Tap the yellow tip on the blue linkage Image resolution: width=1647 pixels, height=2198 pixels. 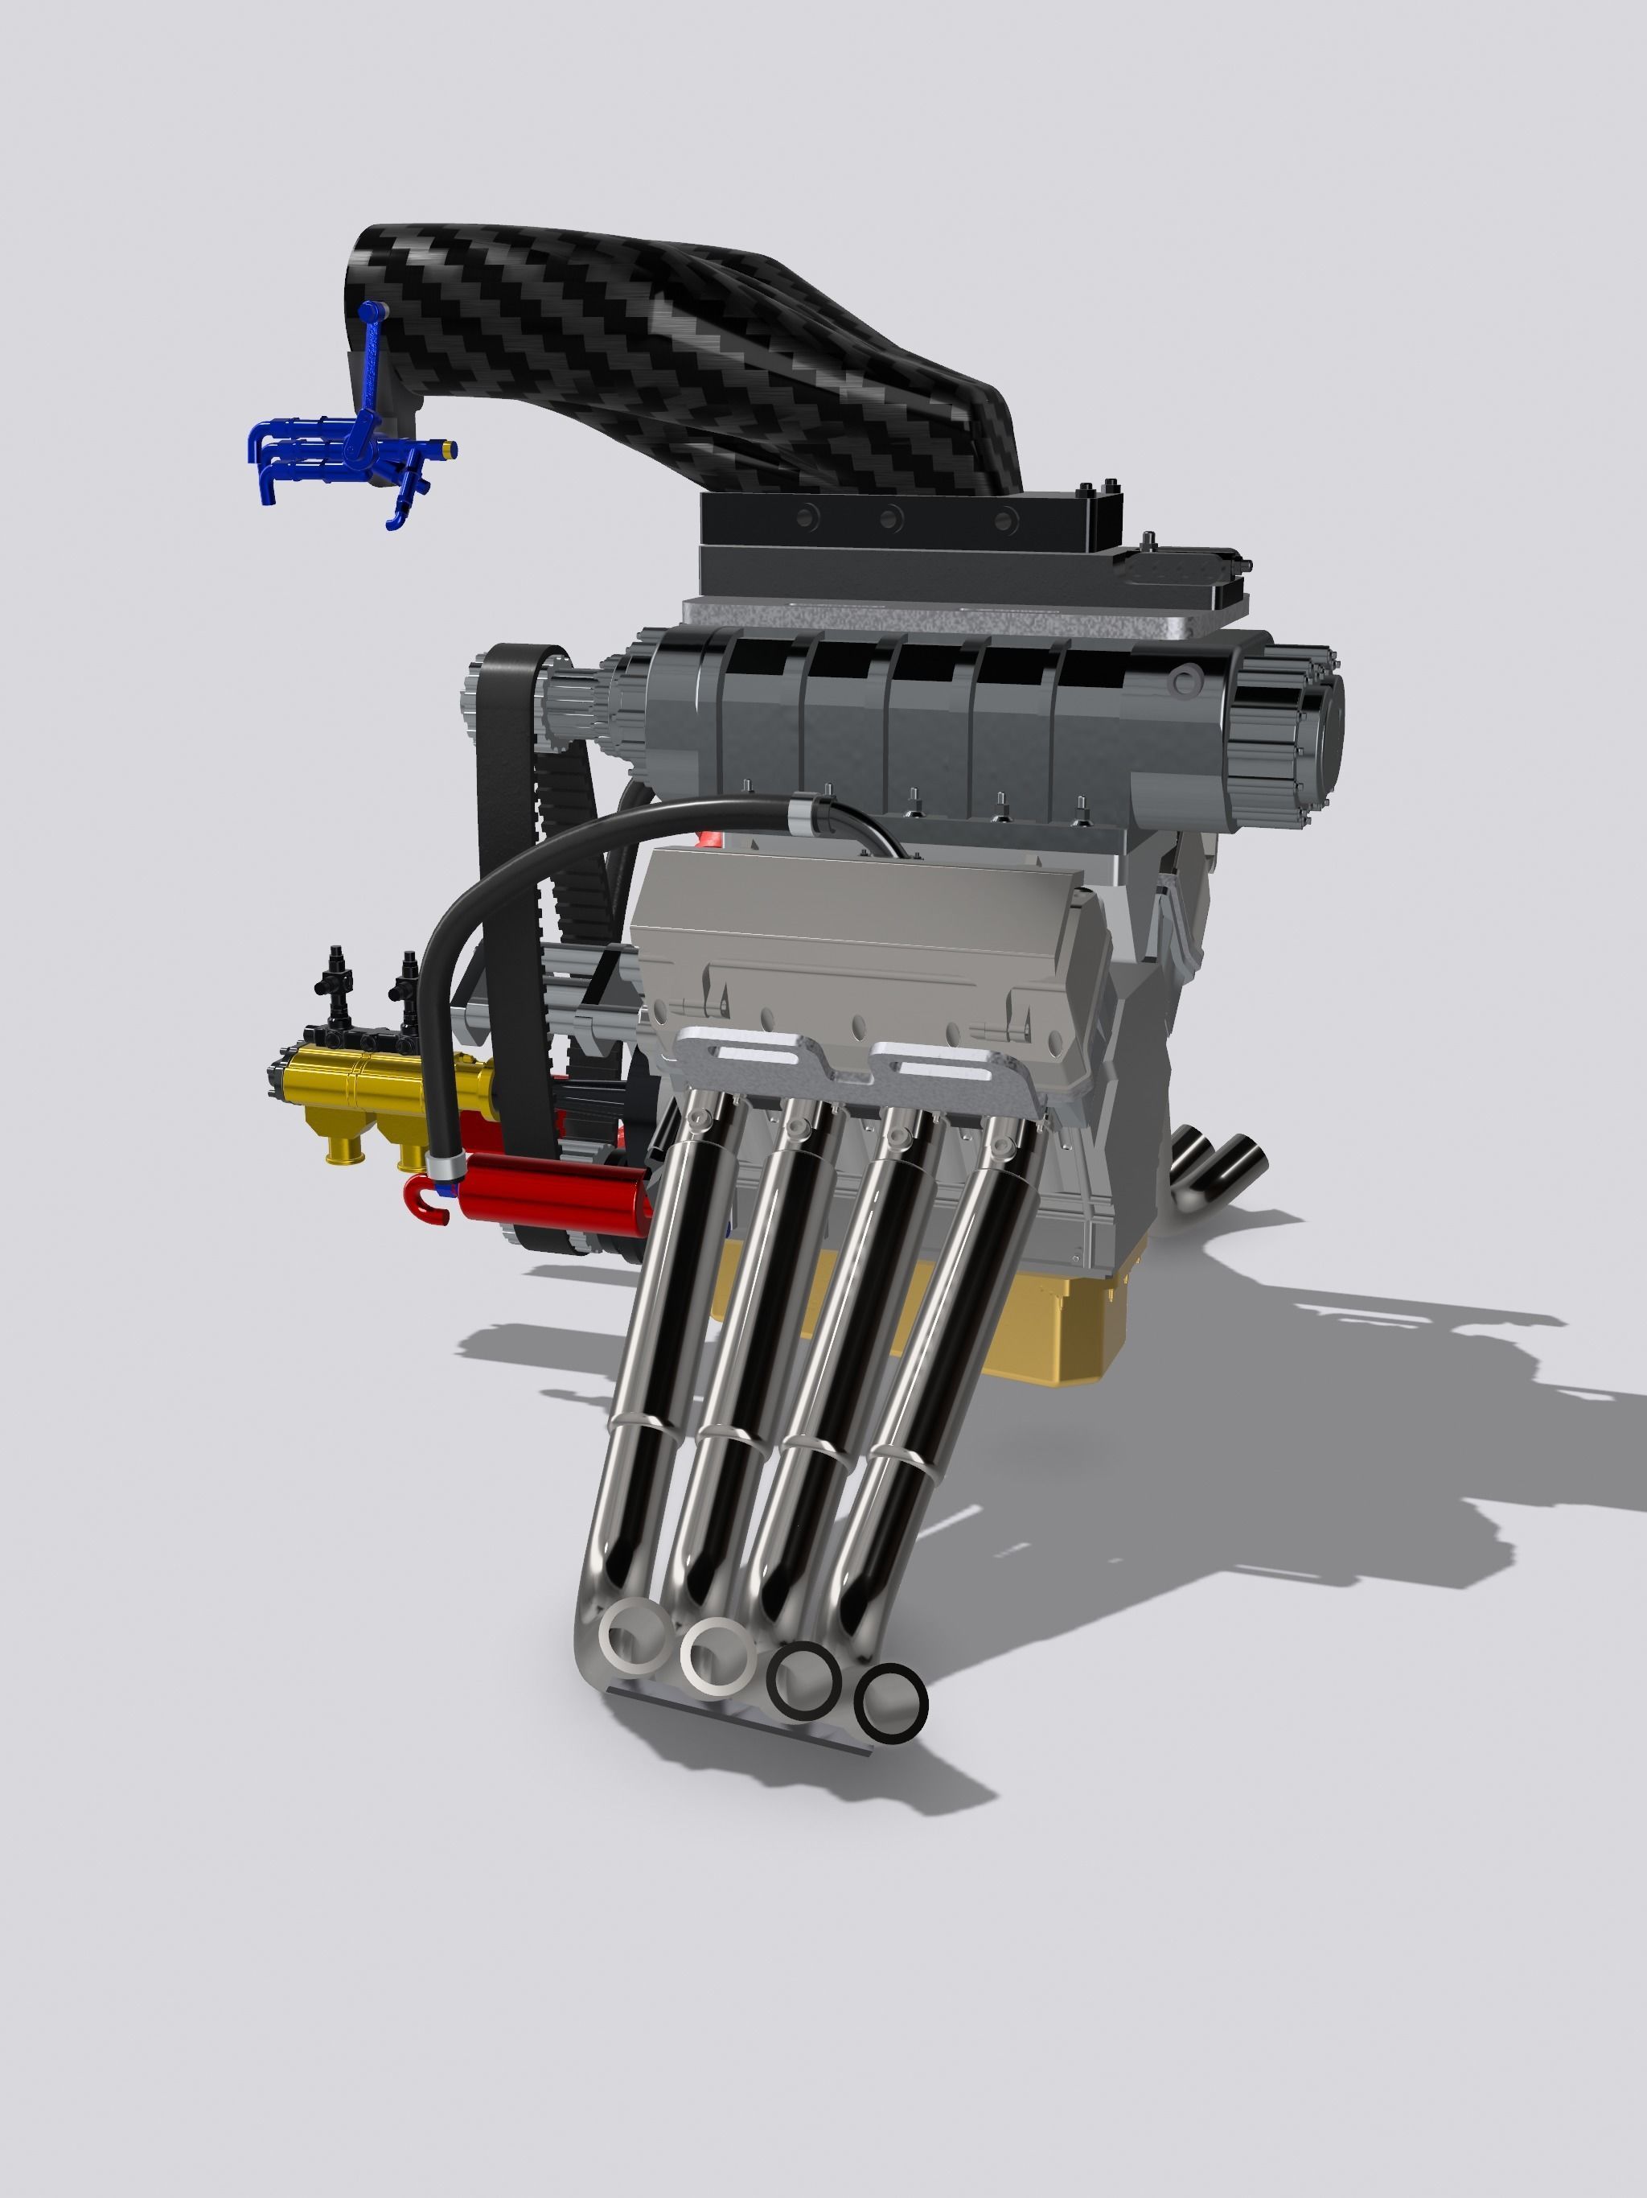tap(452, 449)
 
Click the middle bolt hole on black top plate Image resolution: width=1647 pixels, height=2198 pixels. tap(892, 517)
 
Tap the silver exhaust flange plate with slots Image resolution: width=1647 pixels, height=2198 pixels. tap(854, 1068)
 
